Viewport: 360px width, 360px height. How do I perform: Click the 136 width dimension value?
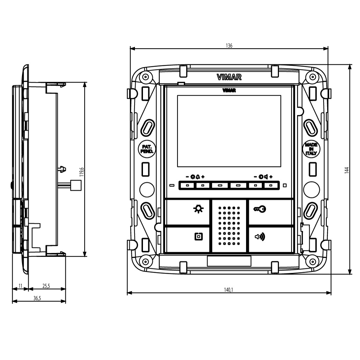pos(229,45)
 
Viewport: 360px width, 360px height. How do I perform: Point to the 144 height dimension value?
pos(346,170)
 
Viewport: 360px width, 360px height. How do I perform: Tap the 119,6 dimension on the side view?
pos(81,172)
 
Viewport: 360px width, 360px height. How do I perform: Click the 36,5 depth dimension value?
pos(37,298)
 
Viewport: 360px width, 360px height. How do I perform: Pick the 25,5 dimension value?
pos(46,286)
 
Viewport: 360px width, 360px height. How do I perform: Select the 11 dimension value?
pos(20,286)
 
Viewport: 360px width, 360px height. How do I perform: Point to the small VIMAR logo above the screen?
pos(229,91)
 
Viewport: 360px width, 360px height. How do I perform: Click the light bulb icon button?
pos(198,209)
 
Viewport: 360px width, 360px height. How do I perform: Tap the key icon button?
pos(260,209)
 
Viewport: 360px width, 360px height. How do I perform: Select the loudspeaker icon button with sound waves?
pos(260,237)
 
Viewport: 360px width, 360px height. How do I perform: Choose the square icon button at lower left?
pos(198,237)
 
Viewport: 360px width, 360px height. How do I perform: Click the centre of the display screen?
pos(229,131)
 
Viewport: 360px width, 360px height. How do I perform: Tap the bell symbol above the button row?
pos(197,177)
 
